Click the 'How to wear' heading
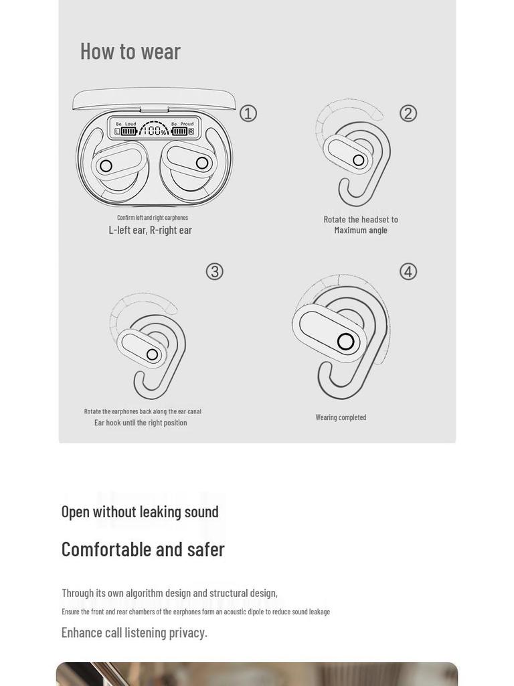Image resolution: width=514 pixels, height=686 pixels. (x=131, y=52)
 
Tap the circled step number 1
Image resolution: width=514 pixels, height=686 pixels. (x=248, y=113)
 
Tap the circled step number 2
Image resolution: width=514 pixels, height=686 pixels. (x=408, y=113)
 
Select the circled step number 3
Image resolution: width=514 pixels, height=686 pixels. (x=214, y=271)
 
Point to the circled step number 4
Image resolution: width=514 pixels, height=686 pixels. (x=408, y=271)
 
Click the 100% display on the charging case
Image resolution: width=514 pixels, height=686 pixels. (x=155, y=131)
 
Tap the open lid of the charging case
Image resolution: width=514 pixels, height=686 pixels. (x=154, y=99)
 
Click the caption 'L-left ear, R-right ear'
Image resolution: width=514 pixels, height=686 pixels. (x=151, y=230)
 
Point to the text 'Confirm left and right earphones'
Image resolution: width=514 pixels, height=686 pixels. (x=153, y=218)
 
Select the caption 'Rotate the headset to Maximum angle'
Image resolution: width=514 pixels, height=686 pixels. (x=361, y=225)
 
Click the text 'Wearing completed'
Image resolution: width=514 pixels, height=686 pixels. (x=341, y=417)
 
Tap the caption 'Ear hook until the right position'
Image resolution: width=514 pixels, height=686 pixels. (x=141, y=423)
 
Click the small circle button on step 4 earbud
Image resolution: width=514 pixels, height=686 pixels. (x=345, y=342)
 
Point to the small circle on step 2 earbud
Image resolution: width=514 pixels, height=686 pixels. (x=359, y=160)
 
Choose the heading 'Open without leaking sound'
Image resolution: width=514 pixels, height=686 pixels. (x=140, y=512)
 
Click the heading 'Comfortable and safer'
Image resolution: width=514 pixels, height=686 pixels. (x=143, y=549)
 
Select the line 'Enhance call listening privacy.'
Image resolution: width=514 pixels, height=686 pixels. (x=135, y=632)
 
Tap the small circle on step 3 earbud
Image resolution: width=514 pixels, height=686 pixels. (x=152, y=354)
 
